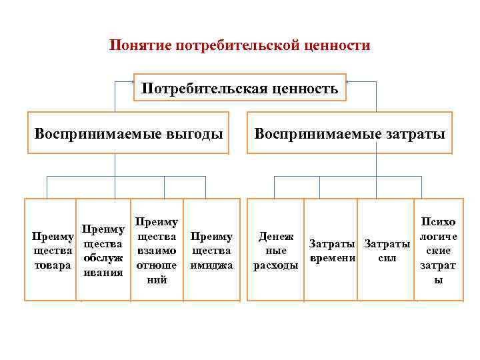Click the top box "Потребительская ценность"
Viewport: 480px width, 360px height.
tap(240, 87)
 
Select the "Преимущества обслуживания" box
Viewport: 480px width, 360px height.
tap(103, 249)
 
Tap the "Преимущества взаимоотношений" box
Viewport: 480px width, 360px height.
tap(156, 249)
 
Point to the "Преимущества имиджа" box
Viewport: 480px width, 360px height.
tap(211, 249)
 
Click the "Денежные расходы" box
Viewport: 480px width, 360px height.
tap(275, 249)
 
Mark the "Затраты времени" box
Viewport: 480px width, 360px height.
tap(332, 249)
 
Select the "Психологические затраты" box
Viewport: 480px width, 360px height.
tap(438, 249)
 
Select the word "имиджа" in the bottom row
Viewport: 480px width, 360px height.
tap(211, 264)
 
